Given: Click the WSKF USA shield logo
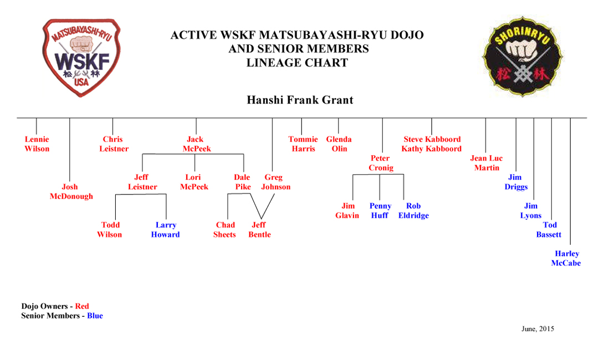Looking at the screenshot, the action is point(81,58).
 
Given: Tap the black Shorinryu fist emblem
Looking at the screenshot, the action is point(523,56).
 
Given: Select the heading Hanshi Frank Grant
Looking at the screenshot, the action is point(300,100).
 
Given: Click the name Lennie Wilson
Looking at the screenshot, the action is point(37,144).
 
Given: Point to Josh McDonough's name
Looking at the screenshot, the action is point(71,192).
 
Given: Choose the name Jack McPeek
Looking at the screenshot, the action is point(197,144).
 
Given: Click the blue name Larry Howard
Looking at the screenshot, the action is point(165,229).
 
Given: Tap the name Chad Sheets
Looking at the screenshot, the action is point(224,229).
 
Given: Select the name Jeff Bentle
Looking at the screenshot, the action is point(260,229).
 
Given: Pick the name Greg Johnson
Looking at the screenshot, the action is point(276,182).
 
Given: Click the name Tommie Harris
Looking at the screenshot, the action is point(303,144).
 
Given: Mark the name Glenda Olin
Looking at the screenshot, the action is point(339,144).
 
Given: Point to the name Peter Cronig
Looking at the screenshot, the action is point(381,163).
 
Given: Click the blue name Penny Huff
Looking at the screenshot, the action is point(380,210).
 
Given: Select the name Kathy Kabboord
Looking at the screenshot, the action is point(432,148).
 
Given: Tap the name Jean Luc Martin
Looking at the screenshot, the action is point(487,163).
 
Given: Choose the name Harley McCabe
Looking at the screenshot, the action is point(566,258).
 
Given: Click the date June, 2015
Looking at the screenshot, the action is point(538,329).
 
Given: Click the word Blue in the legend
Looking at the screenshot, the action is point(95,316).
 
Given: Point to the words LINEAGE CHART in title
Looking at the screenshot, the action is point(298,63).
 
